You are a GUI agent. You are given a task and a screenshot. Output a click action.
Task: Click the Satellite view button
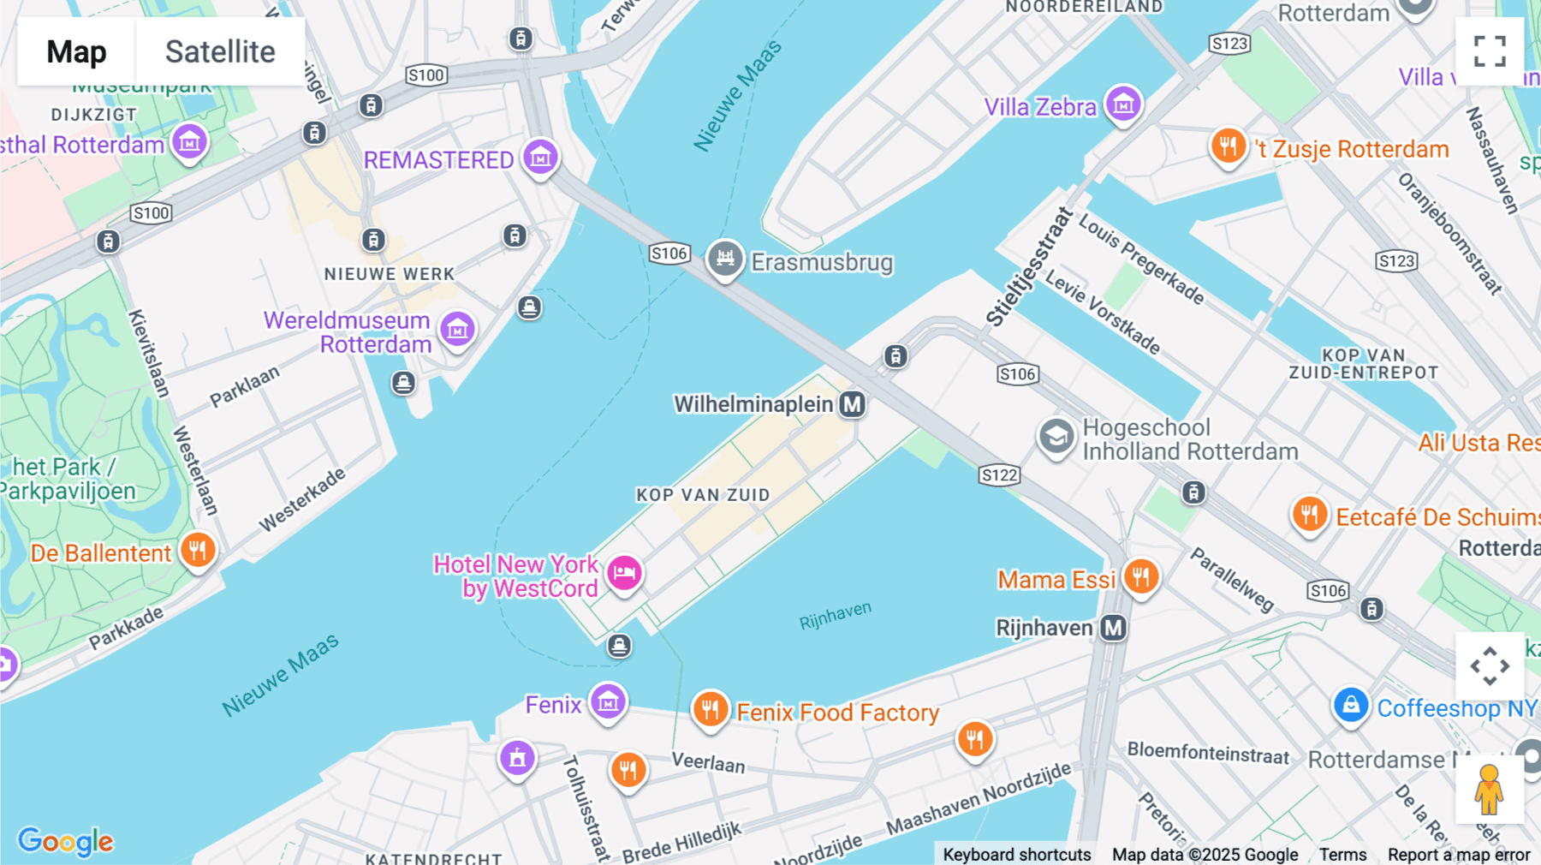[x=220, y=51]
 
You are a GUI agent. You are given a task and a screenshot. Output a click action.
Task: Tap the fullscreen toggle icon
[x=1490, y=51]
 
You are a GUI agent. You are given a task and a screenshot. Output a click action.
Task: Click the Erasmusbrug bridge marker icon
[x=724, y=258]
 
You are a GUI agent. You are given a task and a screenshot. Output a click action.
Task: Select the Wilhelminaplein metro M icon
[x=852, y=404]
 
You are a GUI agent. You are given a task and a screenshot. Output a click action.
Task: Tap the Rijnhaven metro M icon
[x=1113, y=628]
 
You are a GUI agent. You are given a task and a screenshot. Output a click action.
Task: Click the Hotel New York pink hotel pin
[x=624, y=572]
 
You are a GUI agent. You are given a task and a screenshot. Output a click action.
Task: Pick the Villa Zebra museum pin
[x=1122, y=104]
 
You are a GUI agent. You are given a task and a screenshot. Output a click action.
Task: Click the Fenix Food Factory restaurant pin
[x=710, y=709]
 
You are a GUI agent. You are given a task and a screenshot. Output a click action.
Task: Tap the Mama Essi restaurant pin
[x=1140, y=576]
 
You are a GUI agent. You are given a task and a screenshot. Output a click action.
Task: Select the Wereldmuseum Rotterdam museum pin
[x=457, y=329]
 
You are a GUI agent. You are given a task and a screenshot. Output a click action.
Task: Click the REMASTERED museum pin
[x=540, y=158]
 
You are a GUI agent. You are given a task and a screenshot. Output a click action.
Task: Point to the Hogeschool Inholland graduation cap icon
[x=1056, y=437]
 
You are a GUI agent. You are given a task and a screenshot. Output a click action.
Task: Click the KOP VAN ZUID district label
[x=703, y=495]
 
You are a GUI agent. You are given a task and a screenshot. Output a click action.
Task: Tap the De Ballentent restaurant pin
[x=197, y=551]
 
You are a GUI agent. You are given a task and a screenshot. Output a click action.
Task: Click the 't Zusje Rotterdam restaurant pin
[x=1228, y=146]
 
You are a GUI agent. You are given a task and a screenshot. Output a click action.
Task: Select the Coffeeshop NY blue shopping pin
[x=1350, y=706]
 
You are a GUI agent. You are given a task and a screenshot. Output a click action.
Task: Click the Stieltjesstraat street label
[x=1029, y=266]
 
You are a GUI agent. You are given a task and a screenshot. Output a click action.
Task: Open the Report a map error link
[x=1458, y=854]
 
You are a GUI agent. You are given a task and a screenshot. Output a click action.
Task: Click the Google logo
[x=65, y=841]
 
